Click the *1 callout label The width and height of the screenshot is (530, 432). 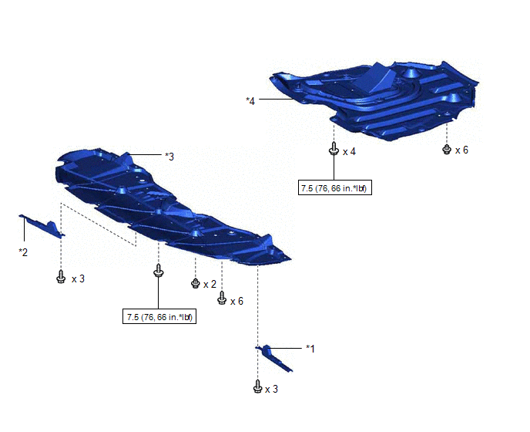pyautogui.click(x=310, y=349)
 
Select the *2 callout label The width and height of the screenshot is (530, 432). pyautogui.click(x=23, y=252)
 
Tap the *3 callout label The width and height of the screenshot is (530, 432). pyautogui.click(x=169, y=157)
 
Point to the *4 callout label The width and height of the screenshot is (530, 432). pyautogui.click(x=250, y=101)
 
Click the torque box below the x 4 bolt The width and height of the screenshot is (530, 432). pyautogui.click(x=335, y=187)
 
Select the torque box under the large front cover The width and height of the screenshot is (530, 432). pyautogui.click(x=159, y=316)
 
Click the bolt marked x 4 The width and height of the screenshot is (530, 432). pyautogui.click(x=334, y=149)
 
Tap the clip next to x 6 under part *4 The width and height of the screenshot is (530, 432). pyautogui.click(x=447, y=150)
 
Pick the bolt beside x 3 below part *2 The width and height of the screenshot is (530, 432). pyautogui.click(x=61, y=277)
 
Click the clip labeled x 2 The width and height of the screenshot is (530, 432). pyautogui.click(x=196, y=283)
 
